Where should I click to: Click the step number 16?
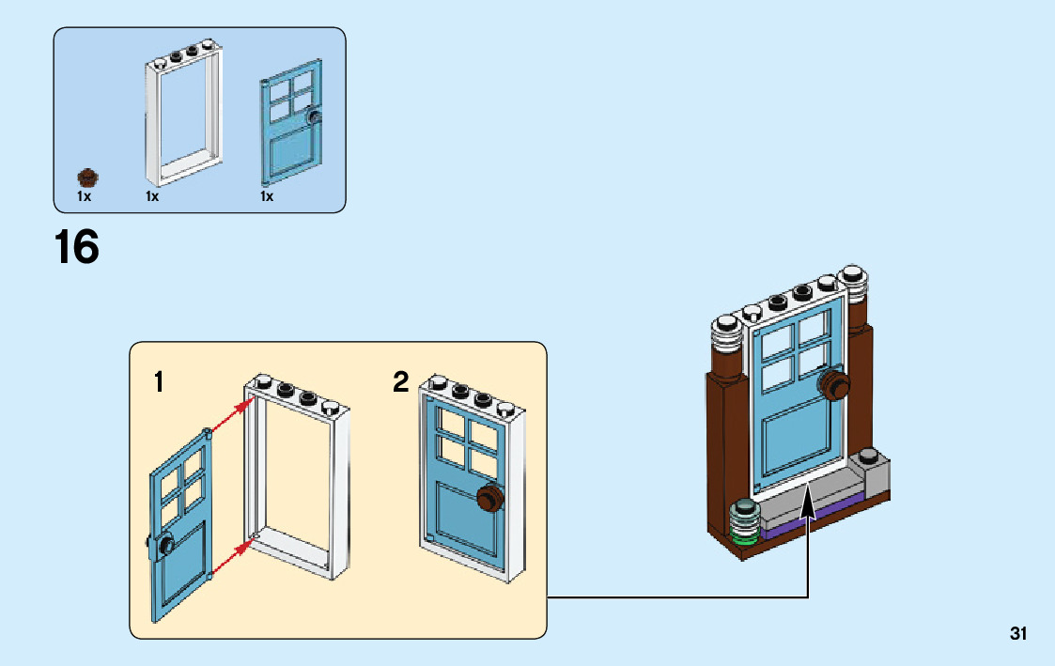pos(76,247)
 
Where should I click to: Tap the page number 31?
pos(1018,634)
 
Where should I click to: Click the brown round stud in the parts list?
pos(86,177)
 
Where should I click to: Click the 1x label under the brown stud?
pos(84,197)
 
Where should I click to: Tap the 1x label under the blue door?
pos(267,197)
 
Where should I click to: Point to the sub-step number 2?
pos(401,382)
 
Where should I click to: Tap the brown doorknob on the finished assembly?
pos(832,383)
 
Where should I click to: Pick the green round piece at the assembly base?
pos(744,535)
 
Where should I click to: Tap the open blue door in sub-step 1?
pos(180,507)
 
